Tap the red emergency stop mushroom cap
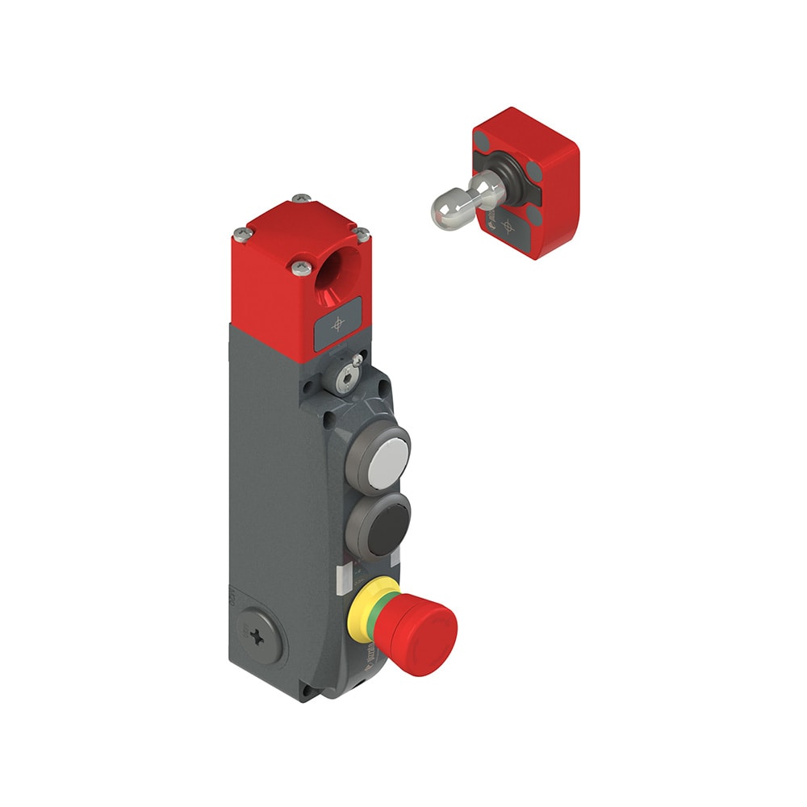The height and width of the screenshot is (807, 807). point(425,626)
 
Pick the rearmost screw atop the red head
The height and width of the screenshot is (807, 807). point(301,197)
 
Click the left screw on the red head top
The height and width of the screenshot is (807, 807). point(240,235)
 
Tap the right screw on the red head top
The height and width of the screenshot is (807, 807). point(363,233)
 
